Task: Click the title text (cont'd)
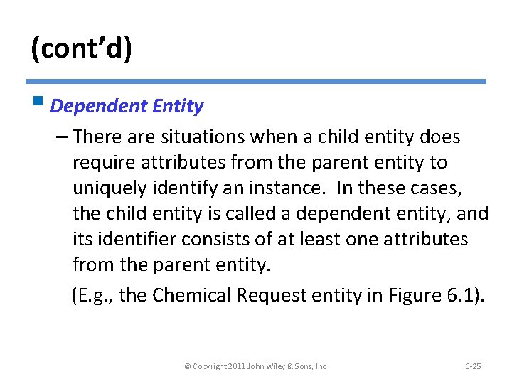pyautogui.click(x=81, y=50)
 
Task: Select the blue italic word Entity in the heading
pyautogui.click(x=177, y=107)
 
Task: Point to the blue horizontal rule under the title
pyautogui.click(x=256, y=82)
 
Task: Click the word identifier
pyautogui.click(x=134, y=239)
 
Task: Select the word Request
pyautogui.click(x=274, y=295)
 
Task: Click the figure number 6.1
pyautogui.click(x=464, y=295)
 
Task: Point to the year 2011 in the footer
pyautogui.click(x=235, y=366)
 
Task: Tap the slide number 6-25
pyautogui.click(x=473, y=366)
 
